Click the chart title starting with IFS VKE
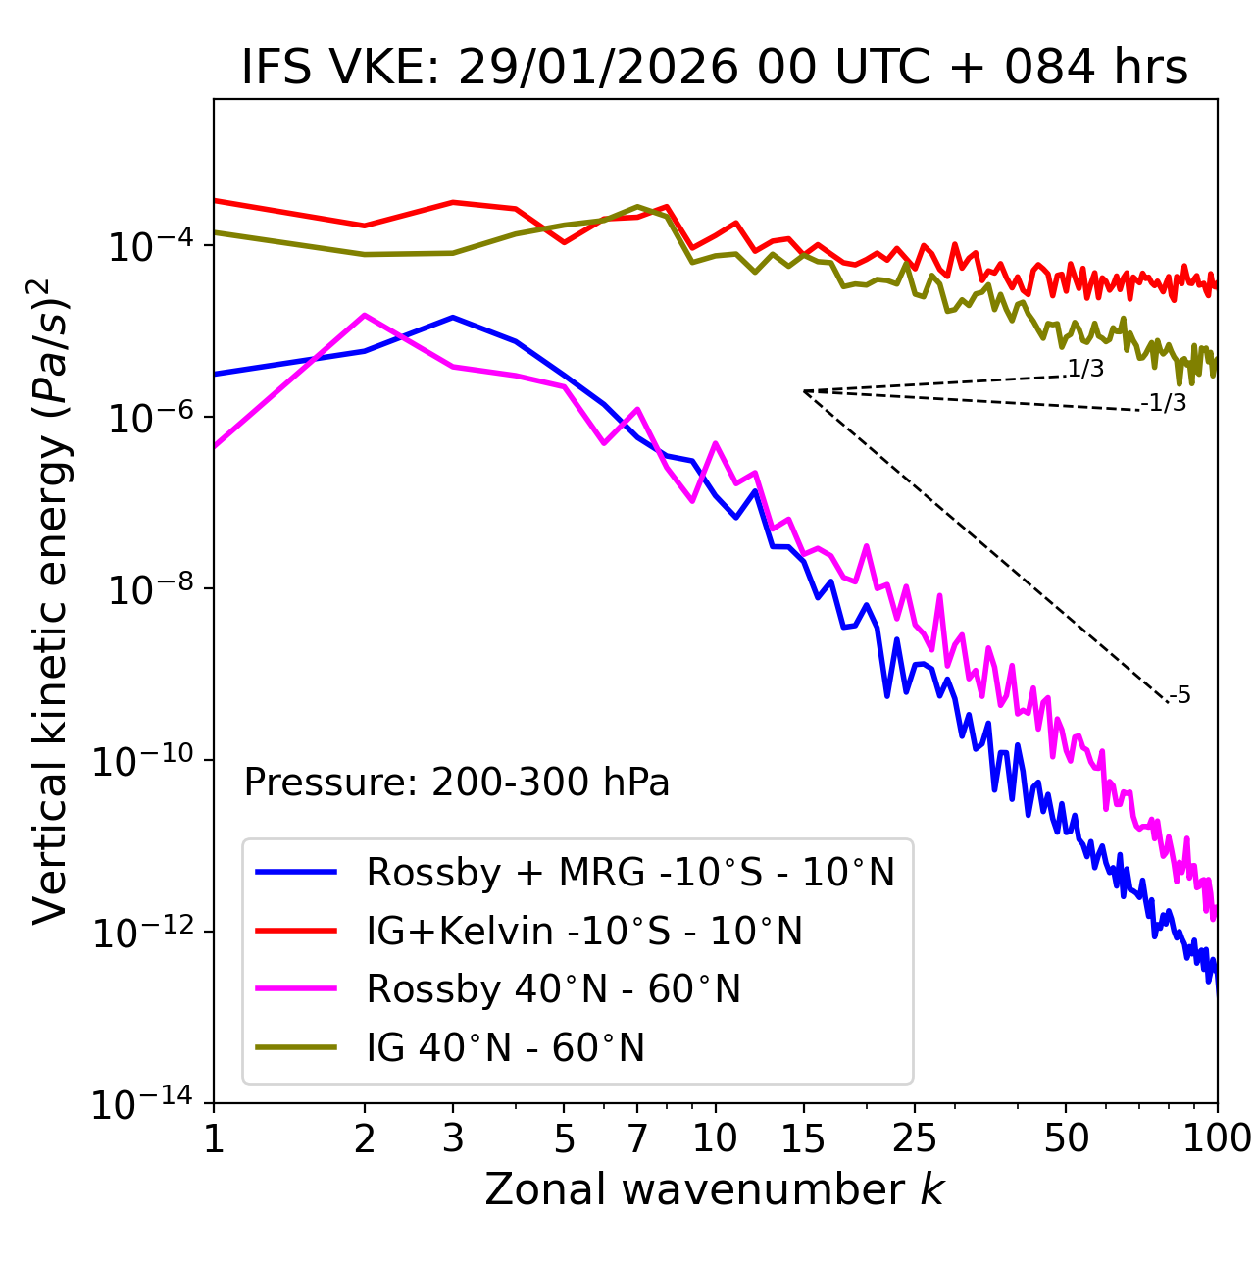coord(715,69)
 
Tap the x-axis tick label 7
coord(637,1137)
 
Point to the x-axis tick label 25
coord(914,1137)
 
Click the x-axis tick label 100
coord(1216,1137)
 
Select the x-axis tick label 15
coord(803,1137)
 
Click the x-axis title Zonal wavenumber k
coord(715,1189)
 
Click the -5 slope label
coord(1180,695)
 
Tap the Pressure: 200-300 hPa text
coord(457,783)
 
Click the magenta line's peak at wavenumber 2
coord(365,315)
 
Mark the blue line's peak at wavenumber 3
coord(453,317)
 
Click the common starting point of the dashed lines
coord(804,391)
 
